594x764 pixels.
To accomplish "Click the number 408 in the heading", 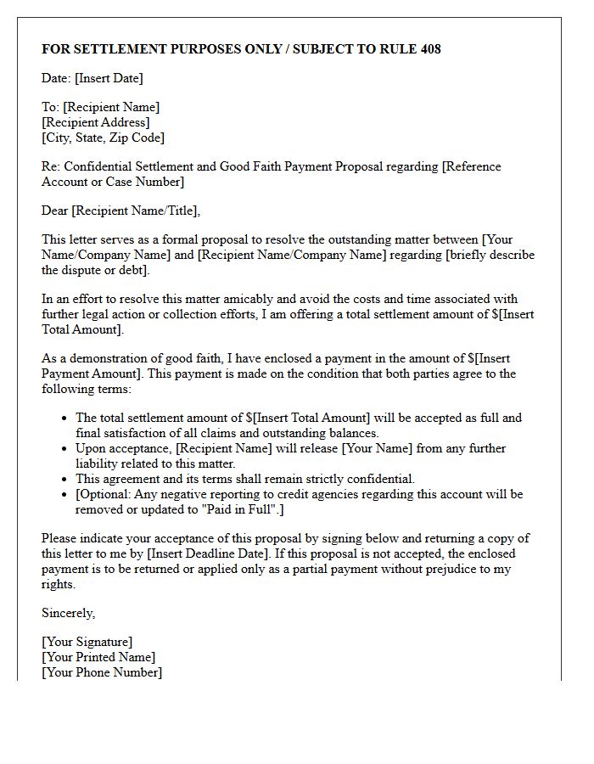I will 429,49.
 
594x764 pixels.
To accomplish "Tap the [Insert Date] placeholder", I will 109,78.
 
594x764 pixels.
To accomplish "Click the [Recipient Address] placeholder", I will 95,122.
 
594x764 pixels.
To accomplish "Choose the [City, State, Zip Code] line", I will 103,138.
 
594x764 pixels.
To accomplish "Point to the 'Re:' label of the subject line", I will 51,166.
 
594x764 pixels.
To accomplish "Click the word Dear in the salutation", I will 55,211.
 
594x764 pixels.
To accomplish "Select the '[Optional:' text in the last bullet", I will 104,494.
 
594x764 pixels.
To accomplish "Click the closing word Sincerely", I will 69,613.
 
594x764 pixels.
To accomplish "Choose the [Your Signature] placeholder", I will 87,642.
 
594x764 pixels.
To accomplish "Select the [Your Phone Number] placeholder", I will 101,672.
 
